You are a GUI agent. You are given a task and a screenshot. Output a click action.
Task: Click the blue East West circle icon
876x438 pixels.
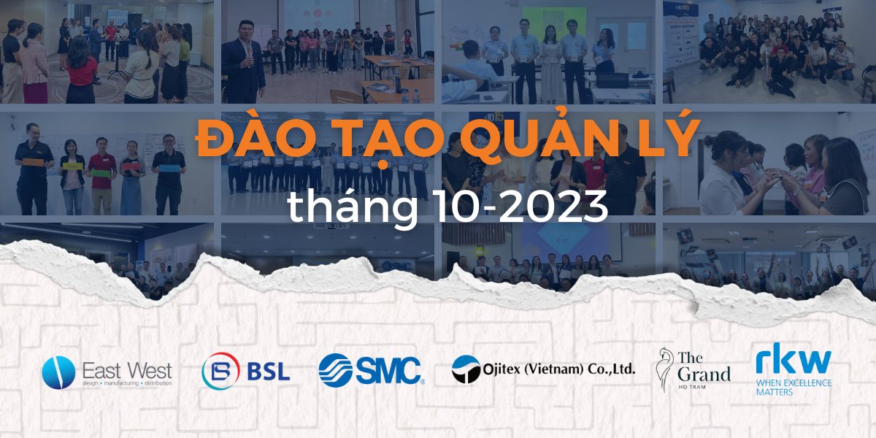(x=58, y=372)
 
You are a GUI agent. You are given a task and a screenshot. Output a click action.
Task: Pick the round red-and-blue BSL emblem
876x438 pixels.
(x=220, y=371)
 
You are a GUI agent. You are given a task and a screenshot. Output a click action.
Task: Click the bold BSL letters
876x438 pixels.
(x=268, y=371)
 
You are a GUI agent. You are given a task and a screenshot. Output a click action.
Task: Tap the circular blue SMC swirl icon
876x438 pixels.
(x=335, y=369)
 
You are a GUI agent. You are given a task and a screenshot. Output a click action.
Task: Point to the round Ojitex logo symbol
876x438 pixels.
(x=465, y=369)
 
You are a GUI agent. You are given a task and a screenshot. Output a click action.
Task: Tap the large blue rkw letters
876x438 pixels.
(x=793, y=361)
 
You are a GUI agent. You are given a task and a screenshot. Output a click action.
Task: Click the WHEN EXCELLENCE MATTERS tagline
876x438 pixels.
(x=793, y=387)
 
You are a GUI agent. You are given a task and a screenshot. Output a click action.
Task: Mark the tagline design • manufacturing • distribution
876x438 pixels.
(x=127, y=383)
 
